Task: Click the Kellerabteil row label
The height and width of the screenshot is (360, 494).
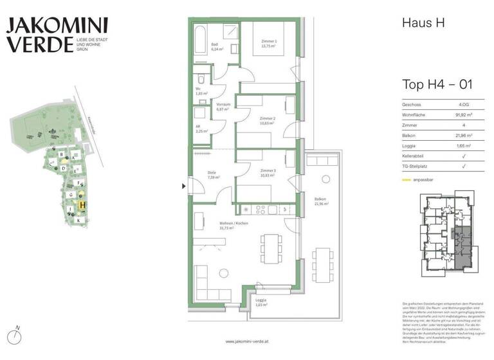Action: tap(416, 156)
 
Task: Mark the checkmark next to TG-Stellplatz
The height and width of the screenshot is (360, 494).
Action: tap(464, 166)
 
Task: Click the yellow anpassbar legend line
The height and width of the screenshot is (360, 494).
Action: tap(407, 180)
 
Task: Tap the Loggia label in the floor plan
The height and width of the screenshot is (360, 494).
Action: tap(261, 302)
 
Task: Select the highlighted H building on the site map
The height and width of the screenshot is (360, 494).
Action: tap(82, 205)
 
